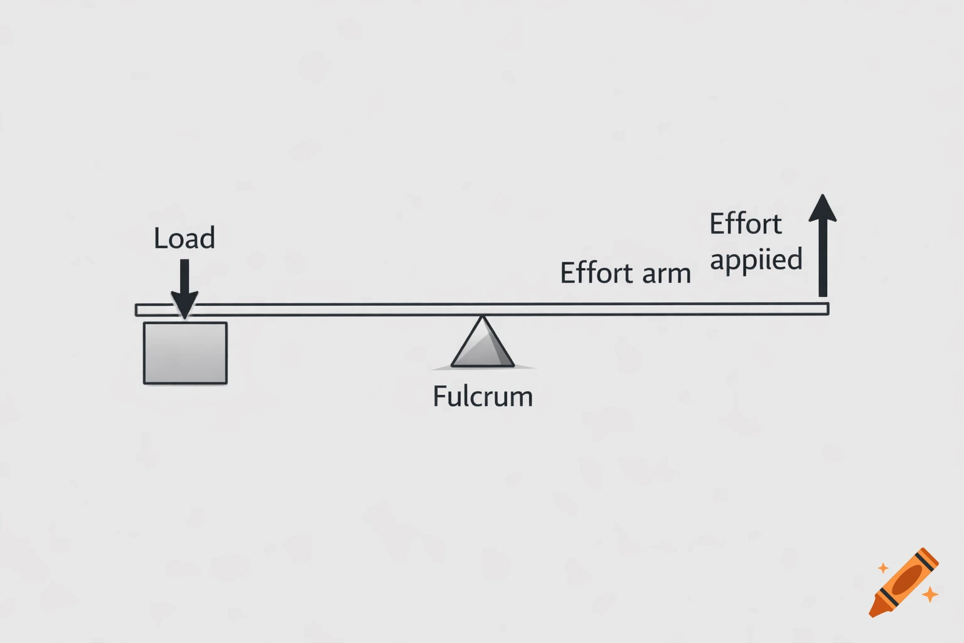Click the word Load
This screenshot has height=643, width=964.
(x=185, y=238)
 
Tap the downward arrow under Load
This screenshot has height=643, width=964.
(x=185, y=289)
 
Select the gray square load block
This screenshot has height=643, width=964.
(x=185, y=353)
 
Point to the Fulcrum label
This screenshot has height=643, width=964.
(x=483, y=397)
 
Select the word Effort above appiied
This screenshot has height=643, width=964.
(x=746, y=224)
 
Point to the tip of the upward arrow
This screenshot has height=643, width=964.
(x=823, y=196)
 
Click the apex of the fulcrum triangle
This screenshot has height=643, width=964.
(x=482, y=318)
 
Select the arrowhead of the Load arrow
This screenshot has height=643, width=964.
(x=185, y=305)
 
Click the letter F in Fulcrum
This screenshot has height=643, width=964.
(x=440, y=397)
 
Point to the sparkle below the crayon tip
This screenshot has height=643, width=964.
(x=930, y=593)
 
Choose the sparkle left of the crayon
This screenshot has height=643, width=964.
(x=883, y=568)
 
